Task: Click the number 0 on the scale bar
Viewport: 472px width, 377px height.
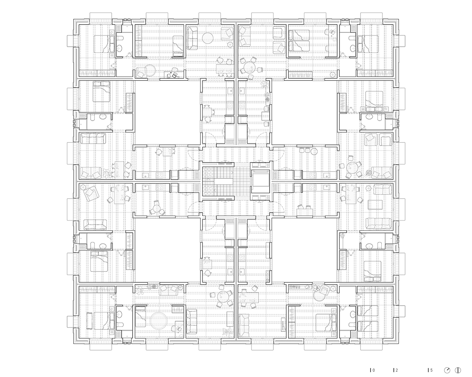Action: coord(374,370)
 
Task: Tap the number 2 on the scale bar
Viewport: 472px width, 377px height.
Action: coord(397,370)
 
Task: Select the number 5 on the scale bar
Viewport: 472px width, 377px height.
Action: coord(432,370)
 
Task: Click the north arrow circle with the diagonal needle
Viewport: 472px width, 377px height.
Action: coord(447,370)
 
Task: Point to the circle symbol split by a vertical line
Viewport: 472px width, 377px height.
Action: coord(458,370)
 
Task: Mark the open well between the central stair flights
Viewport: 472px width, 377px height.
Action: coord(223,181)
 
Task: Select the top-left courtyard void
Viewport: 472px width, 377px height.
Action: coord(168,113)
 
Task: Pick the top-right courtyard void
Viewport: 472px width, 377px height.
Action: coord(304,113)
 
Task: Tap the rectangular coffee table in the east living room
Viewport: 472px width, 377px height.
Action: coord(375,205)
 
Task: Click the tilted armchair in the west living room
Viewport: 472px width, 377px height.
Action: coord(90,193)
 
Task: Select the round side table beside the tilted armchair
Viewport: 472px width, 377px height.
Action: coord(83,187)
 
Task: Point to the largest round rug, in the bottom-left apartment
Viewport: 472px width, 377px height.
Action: coord(159,321)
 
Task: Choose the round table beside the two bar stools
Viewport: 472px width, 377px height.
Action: coord(314,151)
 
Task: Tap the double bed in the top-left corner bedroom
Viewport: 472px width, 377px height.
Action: coord(104,44)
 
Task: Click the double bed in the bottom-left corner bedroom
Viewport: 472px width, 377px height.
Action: coord(104,321)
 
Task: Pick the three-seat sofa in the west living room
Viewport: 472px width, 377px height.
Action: coord(93,138)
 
